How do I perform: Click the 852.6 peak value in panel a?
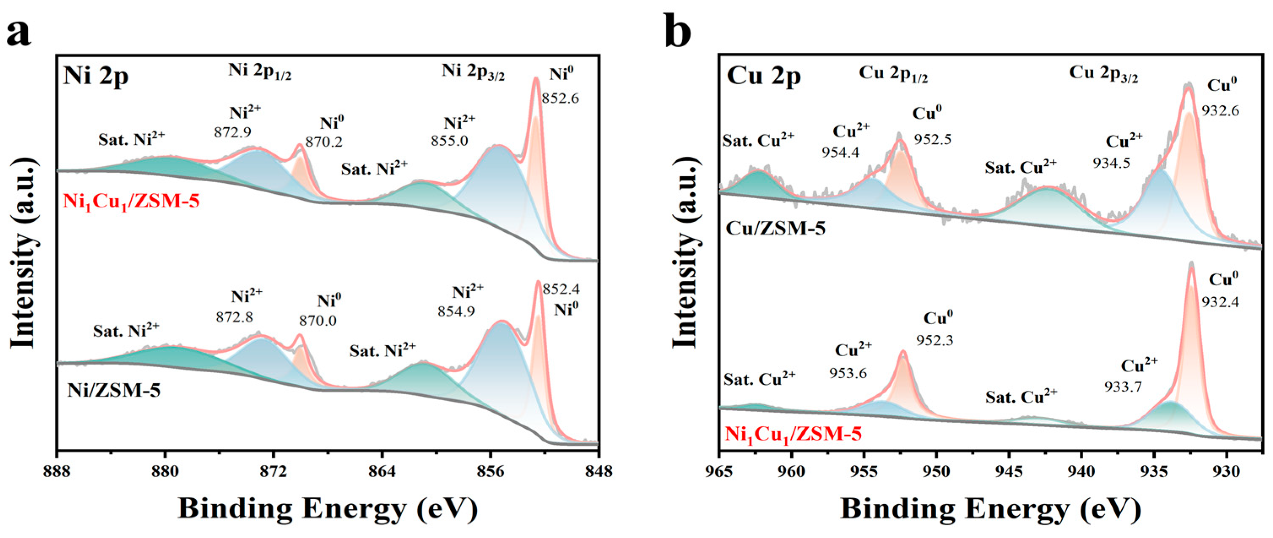pos(560,98)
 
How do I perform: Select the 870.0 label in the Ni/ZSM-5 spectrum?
pos(318,320)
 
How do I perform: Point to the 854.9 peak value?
pos(456,311)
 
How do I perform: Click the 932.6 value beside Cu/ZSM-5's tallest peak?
pos(1221,110)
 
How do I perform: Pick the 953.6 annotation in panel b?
pos(848,373)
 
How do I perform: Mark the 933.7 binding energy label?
pos(1123,386)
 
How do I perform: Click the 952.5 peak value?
pos(932,139)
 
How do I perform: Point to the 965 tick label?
pos(719,472)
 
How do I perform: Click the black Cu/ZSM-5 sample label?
pos(776,228)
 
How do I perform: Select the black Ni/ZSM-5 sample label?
pos(114,390)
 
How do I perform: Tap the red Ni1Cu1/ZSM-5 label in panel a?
pos(132,202)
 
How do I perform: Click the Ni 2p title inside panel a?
pos(96,78)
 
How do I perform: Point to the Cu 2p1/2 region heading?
pos(893,75)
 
